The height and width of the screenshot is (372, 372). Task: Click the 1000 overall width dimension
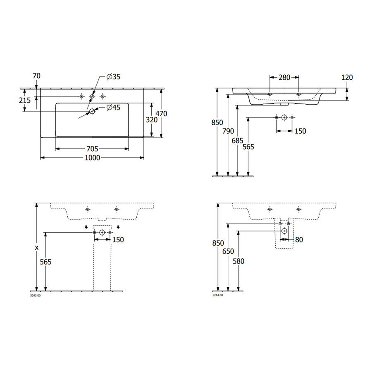coord(92,157)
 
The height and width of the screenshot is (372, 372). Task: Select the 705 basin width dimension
coord(92,148)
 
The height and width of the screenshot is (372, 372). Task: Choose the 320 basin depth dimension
coord(151,120)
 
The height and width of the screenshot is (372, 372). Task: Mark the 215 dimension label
coord(25,100)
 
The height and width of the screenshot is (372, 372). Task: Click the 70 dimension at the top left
coord(36,76)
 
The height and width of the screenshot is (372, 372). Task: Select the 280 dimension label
coord(284,77)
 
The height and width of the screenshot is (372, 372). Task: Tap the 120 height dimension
coord(347,77)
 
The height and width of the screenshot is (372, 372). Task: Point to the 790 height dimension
coord(228,131)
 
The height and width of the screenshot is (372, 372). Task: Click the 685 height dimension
coord(237,140)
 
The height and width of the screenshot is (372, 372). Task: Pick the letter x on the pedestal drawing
coord(37,248)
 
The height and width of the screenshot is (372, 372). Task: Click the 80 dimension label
coord(299,239)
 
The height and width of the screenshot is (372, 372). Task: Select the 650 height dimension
coord(228,251)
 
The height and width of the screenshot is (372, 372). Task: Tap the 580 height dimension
coord(238,261)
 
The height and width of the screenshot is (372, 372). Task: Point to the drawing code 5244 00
coord(217,296)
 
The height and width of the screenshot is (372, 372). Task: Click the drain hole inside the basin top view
coord(92,110)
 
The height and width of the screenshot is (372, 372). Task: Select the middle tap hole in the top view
coord(92,96)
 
